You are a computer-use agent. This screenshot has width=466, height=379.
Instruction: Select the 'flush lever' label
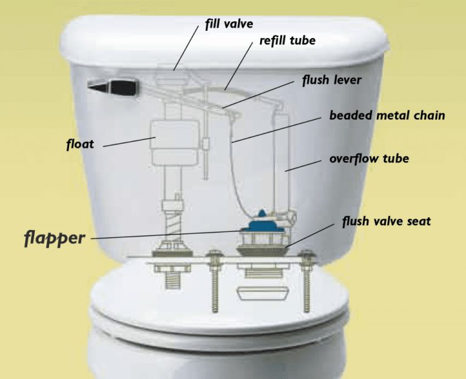(332, 80)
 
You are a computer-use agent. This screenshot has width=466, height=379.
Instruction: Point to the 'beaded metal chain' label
(387, 115)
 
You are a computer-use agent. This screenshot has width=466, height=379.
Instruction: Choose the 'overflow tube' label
(369, 159)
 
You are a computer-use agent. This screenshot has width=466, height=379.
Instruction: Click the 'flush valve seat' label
(386, 222)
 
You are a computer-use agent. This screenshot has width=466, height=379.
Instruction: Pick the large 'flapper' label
(55, 237)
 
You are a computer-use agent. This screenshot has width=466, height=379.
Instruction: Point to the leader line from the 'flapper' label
(164, 235)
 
